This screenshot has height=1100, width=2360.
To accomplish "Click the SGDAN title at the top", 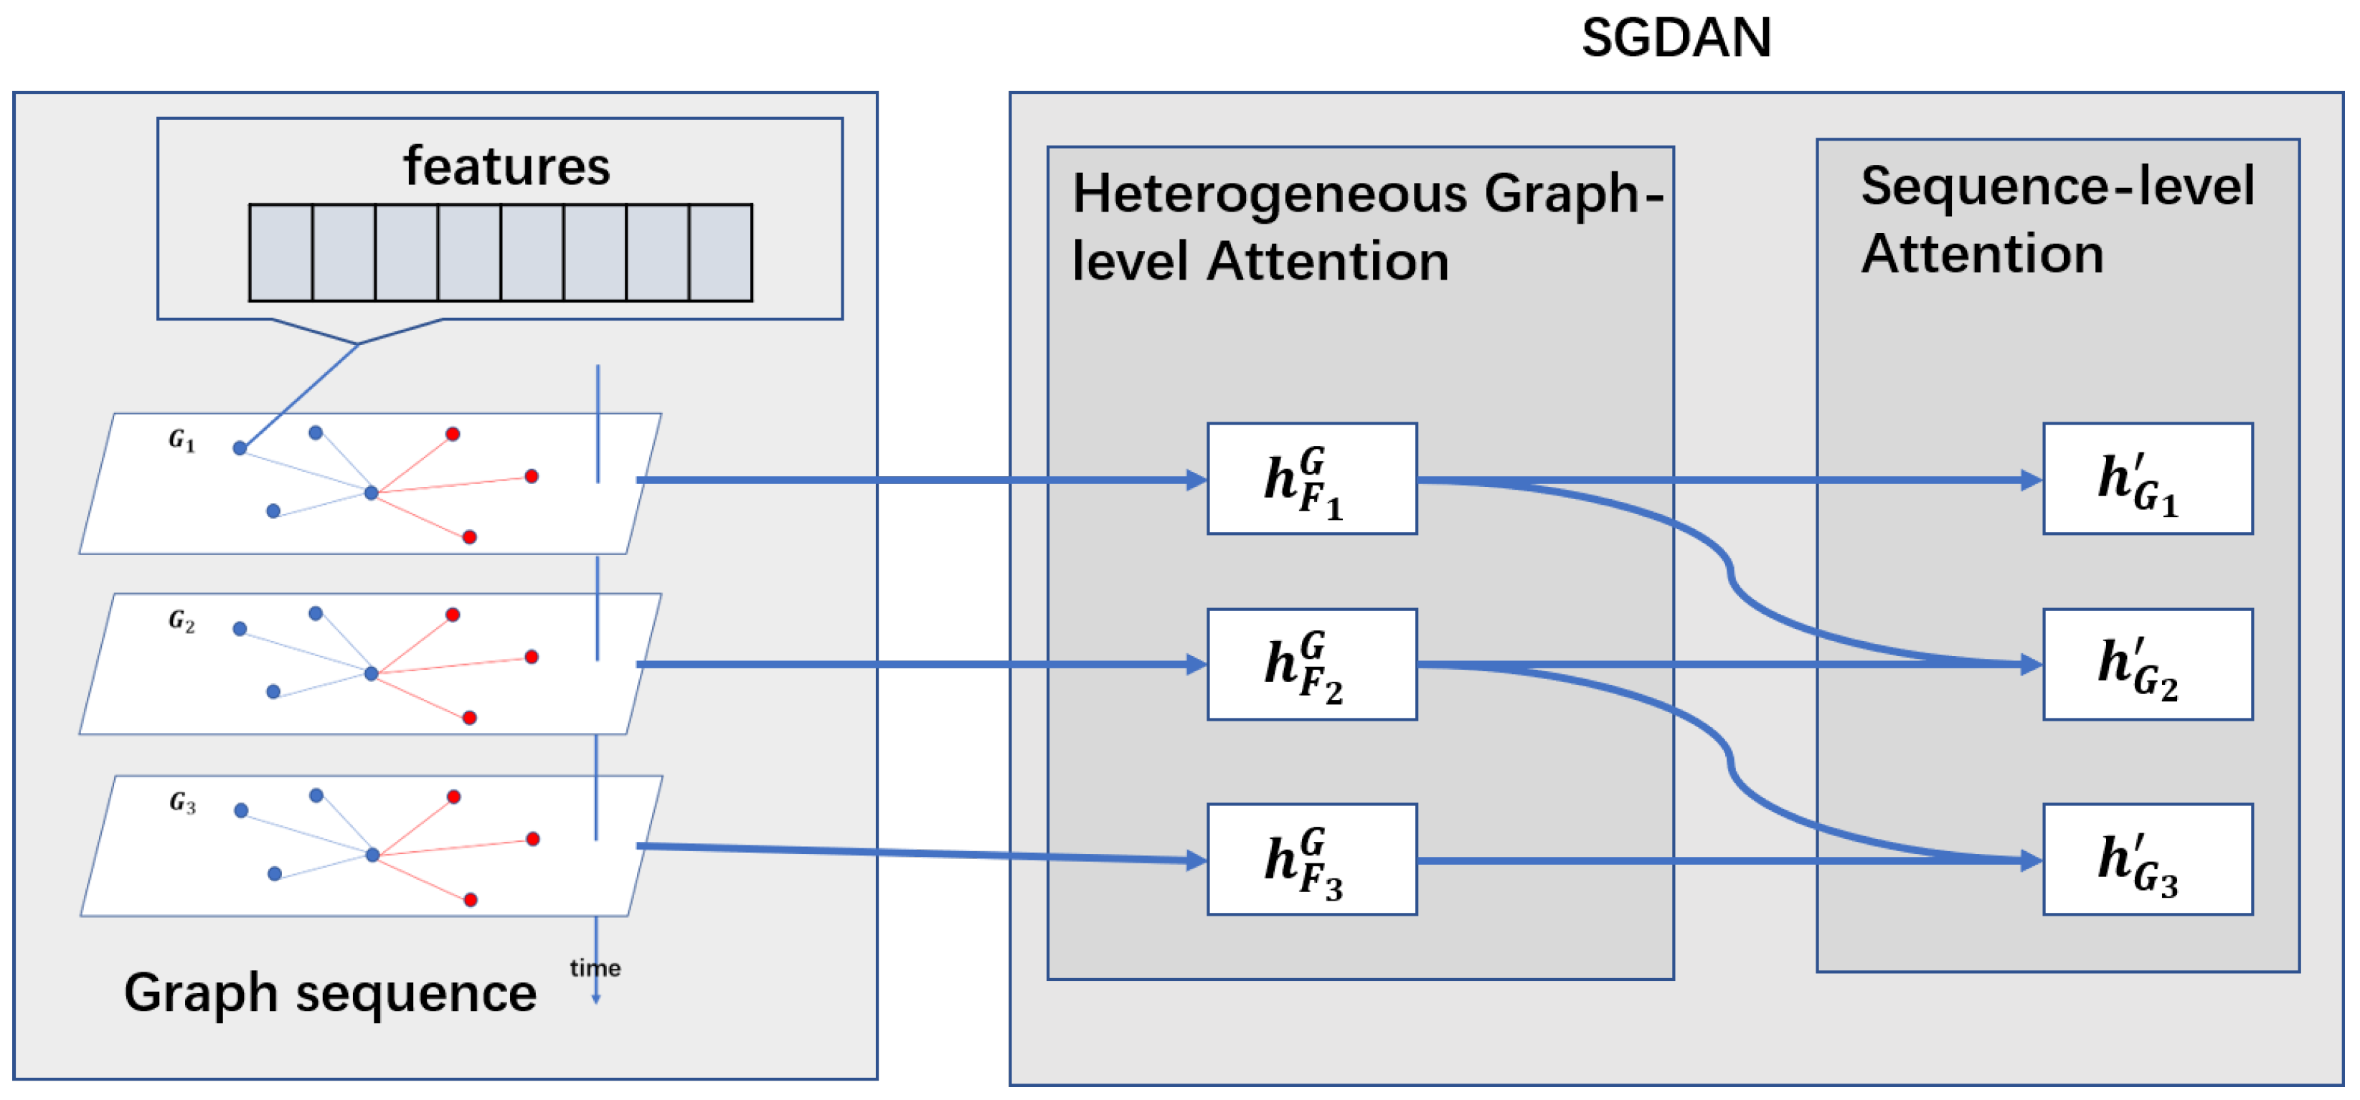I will [x=1676, y=39].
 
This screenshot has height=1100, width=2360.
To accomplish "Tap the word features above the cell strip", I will [x=506, y=166].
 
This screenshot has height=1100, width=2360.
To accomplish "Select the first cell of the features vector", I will [x=281, y=253].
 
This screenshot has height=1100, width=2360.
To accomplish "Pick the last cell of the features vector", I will [x=720, y=253].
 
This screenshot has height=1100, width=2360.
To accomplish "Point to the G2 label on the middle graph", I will [x=181, y=621].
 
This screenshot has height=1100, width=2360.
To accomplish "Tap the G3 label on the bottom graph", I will [x=182, y=803].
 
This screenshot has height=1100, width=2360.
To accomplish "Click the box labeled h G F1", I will [x=1311, y=479].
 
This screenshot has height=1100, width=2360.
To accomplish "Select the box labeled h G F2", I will [x=1311, y=664].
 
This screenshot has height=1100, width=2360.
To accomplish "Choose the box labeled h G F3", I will [x=1311, y=859].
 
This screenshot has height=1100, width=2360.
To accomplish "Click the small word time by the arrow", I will [x=595, y=968].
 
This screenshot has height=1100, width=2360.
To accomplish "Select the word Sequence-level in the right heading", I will [x=2057, y=186].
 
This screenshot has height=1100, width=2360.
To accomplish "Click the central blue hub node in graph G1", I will [x=371, y=493].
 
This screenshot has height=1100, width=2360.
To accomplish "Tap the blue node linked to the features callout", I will [x=240, y=448].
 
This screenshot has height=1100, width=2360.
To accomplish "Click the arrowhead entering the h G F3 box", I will [x=1196, y=859].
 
